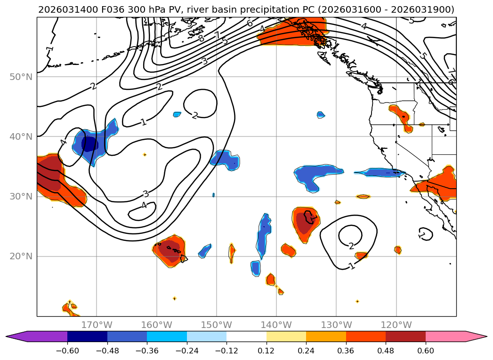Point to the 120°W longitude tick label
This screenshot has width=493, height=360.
[x=396, y=325]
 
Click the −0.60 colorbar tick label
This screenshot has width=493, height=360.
[x=67, y=351]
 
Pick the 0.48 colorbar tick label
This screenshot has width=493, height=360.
[x=386, y=351]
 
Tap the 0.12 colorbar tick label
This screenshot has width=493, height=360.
[x=267, y=351]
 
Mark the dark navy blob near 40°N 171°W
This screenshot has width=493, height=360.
[x=89, y=143]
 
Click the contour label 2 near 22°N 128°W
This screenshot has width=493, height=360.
[x=351, y=246]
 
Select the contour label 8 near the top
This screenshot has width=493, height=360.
[x=202, y=39]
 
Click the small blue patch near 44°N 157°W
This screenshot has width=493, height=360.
[x=177, y=114]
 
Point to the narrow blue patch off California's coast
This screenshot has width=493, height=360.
[x=379, y=173]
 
